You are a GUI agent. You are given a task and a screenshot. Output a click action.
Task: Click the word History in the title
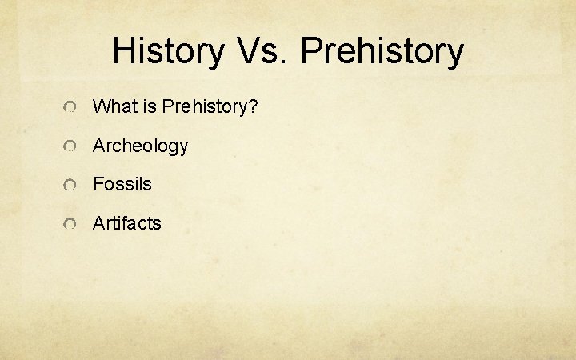pos(168,51)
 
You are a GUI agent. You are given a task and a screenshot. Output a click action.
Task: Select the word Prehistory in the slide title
pos(382,51)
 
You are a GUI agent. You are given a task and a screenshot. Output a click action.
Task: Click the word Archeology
pos(140,146)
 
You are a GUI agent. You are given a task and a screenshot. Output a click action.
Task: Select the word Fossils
pos(122,184)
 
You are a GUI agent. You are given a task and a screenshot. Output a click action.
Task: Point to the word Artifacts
pos(126,223)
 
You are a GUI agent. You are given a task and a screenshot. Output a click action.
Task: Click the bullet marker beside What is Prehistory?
pos(70,108)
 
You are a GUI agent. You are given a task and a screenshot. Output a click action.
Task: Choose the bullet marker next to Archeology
pos(70,147)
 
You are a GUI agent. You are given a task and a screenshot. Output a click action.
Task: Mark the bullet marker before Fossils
pos(70,186)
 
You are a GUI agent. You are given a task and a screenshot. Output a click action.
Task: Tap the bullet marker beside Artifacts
pos(70,225)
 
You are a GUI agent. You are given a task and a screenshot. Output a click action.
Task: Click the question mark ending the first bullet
pos(253,106)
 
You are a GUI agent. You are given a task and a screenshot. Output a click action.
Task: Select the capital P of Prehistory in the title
pos(312,51)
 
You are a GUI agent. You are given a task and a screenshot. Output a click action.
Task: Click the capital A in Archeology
pos(99,146)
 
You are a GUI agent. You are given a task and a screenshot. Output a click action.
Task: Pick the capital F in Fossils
pos(98,184)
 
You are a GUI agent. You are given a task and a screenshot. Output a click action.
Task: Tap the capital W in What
pos(101,106)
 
